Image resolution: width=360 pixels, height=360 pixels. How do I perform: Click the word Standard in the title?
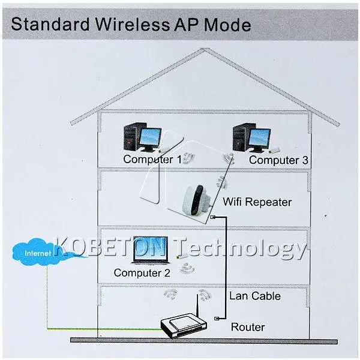50,25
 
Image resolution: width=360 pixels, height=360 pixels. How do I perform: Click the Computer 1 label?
152,160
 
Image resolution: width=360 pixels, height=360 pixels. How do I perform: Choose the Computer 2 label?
142,273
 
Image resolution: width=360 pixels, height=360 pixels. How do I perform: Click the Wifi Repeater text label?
257,202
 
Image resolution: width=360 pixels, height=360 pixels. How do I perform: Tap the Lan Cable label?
255,296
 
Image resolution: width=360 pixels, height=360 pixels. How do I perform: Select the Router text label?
248,327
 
